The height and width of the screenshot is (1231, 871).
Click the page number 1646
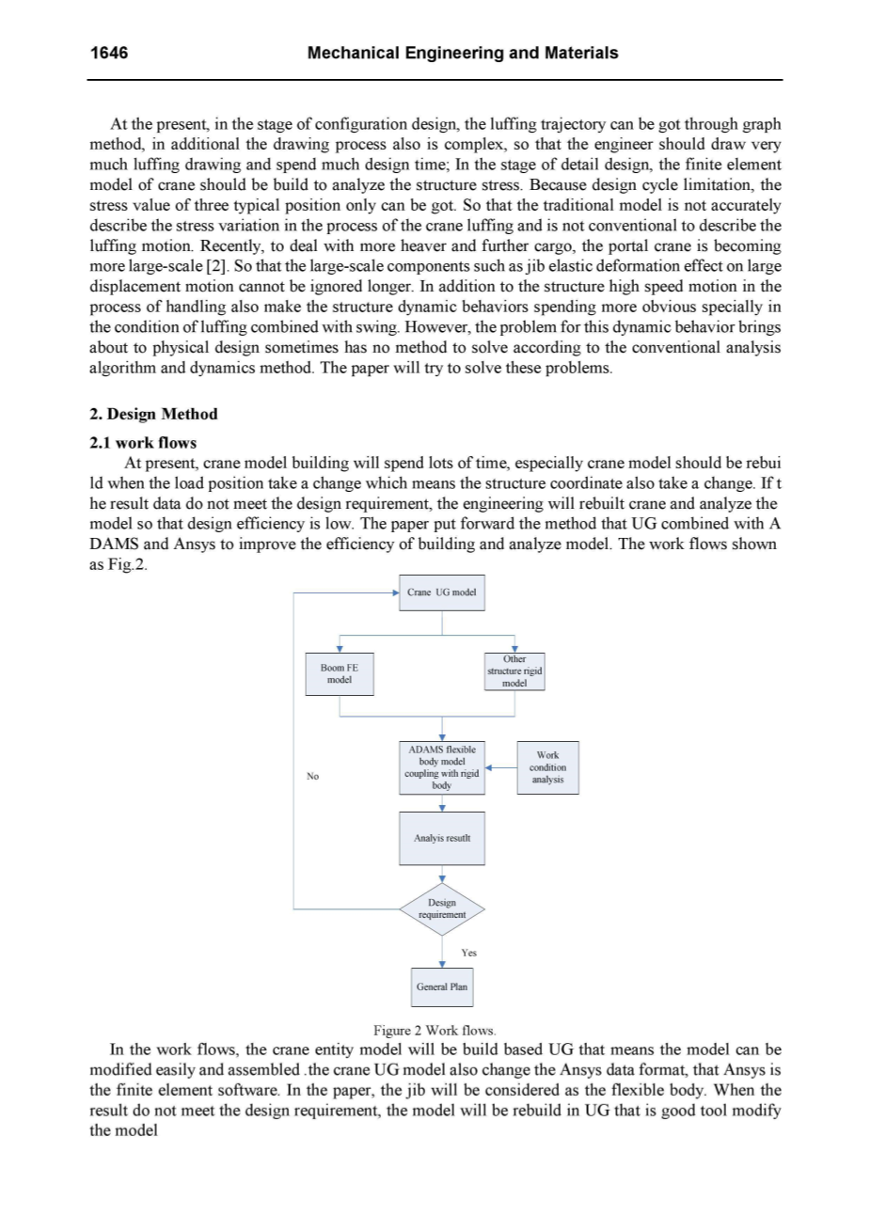[x=108, y=53]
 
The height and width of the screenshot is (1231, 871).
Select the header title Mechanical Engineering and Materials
[x=463, y=53]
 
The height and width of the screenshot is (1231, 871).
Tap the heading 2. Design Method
[x=153, y=414]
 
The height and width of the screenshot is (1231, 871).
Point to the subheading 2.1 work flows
[x=142, y=442]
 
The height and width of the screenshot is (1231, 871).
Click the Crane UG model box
[x=441, y=592]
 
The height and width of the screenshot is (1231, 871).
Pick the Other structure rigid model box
[x=515, y=671]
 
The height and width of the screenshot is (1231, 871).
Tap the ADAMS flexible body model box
[x=441, y=766]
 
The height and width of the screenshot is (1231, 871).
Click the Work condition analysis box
[x=547, y=767]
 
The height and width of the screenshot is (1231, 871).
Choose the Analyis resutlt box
[x=441, y=837]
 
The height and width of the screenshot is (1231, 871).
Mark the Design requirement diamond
[x=441, y=908]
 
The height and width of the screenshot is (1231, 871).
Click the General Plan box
[x=441, y=986]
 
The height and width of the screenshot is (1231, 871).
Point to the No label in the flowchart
[x=313, y=776]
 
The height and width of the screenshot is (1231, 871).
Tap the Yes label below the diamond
[x=469, y=953]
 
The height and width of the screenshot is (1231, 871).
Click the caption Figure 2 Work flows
[x=435, y=1031]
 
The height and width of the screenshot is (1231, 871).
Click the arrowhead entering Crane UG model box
[x=396, y=593]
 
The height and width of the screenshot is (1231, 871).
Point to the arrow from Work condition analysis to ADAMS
[x=502, y=766]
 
